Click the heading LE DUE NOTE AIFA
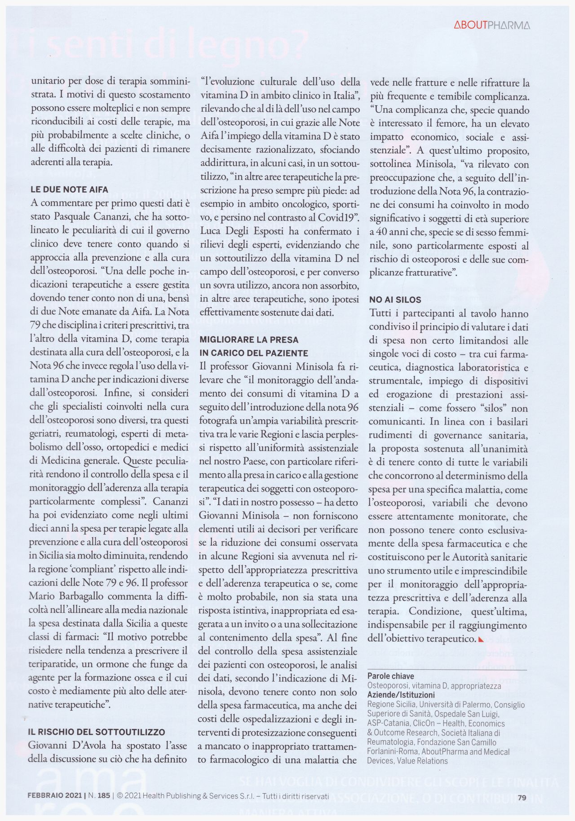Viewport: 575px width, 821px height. point(69,190)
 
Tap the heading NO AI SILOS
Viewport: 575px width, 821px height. point(395,300)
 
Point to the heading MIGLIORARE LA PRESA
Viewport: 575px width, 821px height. point(248,340)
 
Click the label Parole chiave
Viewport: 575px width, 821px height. point(390,676)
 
